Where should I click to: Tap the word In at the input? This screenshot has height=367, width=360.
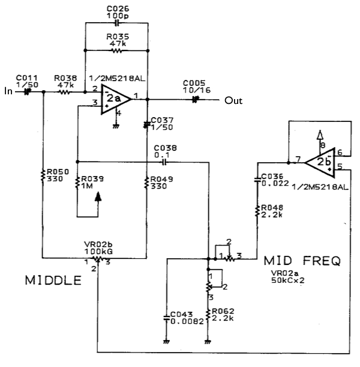(8, 91)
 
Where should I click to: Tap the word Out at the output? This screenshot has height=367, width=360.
(233, 100)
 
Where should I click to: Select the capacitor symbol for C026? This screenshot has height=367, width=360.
(116, 22)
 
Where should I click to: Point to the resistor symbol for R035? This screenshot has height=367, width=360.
(116, 51)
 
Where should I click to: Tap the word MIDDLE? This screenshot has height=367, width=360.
(53, 281)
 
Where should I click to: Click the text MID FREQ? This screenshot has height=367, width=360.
(302, 261)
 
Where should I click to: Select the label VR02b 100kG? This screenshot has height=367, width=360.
(98, 248)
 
